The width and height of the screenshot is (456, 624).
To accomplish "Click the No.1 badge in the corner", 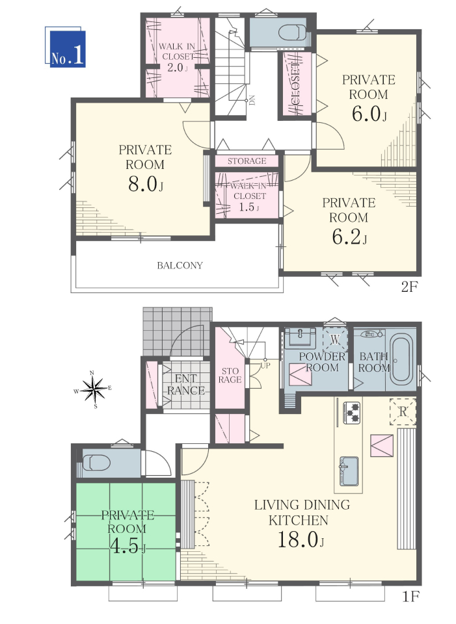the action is [65, 47].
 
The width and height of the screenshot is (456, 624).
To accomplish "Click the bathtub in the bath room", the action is [401, 359].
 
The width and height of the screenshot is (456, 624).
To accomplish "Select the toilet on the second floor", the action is [293, 32].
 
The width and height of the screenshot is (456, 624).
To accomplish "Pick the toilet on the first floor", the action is [95, 462].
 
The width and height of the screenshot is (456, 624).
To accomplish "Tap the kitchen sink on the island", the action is [349, 471].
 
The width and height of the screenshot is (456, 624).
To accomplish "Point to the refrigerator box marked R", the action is [403, 411].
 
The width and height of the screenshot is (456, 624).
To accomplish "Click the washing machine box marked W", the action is [335, 340].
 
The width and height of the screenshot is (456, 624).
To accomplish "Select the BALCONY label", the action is [180, 265].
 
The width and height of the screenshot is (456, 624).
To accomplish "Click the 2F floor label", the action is [409, 287].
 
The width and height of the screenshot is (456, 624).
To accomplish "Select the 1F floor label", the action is [410, 597].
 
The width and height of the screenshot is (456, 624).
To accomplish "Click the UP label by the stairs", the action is [265, 365].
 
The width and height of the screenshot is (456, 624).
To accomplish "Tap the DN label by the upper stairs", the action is [252, 100].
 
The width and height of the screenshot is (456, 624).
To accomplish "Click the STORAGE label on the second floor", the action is [247, 161].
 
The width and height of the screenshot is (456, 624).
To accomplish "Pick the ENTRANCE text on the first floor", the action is [186, 384].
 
